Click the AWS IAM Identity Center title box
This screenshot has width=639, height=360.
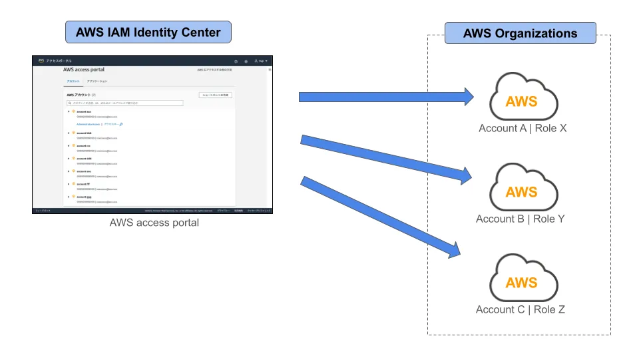pos(148,31)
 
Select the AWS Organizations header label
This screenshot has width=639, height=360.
pos(520,33)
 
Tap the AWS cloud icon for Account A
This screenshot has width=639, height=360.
pos(522,100)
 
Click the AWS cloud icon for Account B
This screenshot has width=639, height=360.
pos(522,191)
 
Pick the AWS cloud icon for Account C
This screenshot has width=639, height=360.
pos(522,282)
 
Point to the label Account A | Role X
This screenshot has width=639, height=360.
pos(523,128)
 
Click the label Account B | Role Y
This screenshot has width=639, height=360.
pos(521,219)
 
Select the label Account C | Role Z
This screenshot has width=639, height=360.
pos(521,309)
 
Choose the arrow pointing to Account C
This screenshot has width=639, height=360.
pos(379,217)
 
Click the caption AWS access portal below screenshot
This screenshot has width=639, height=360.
pos(154,223)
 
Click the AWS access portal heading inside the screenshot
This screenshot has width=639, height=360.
pos(84,69)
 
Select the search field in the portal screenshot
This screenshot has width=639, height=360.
pos(124,103)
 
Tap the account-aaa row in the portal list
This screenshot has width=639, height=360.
pos(84,111)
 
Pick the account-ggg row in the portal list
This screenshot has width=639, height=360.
pos(84,197)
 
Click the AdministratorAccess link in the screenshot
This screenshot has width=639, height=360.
pos(89,124)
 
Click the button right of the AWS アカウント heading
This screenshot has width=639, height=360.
pos(216,95)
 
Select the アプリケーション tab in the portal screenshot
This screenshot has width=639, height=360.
pos(97,81)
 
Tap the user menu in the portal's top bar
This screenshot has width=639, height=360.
pos(261,61)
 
